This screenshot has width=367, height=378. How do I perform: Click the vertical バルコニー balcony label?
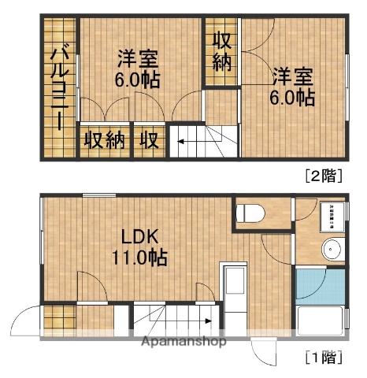coord(58,87)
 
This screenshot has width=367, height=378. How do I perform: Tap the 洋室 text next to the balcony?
coord(138,58)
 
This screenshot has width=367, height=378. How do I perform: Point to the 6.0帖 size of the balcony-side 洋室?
coord(138,79)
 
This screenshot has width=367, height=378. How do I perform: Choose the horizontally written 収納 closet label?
coord(105,142)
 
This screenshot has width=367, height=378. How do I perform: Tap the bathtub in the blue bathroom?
coord(321,322)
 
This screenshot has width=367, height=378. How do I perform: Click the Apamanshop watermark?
coord(183,342)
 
